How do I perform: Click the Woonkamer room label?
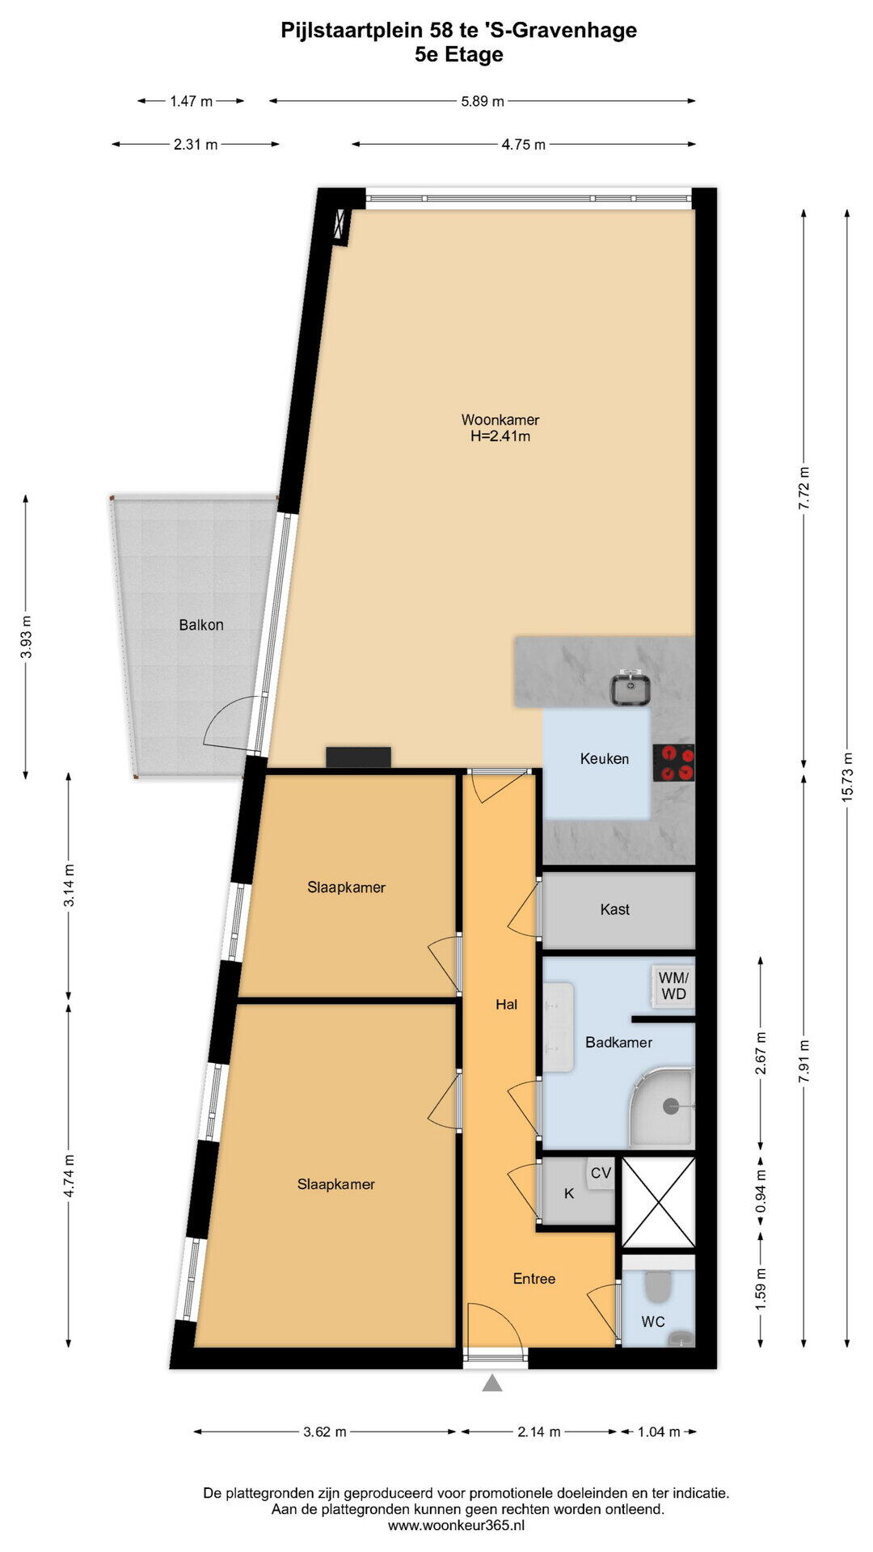500,420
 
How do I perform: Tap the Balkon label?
201,625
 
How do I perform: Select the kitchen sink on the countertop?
630,689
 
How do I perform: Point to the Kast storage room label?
615,909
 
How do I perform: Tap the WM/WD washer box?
673,985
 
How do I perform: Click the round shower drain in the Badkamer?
671,1105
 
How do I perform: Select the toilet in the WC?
659,1288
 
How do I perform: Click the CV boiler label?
601,1173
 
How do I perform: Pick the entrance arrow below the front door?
492,1383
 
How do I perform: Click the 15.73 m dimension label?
847,777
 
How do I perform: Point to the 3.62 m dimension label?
325,1432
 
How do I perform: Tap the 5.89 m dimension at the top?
483,101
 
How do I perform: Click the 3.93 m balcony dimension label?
26,637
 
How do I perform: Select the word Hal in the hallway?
507,1005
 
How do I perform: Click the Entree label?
534,1279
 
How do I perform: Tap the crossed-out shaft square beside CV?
659,1203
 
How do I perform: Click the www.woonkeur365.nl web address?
457,1525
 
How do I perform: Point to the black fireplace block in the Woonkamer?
358,757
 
